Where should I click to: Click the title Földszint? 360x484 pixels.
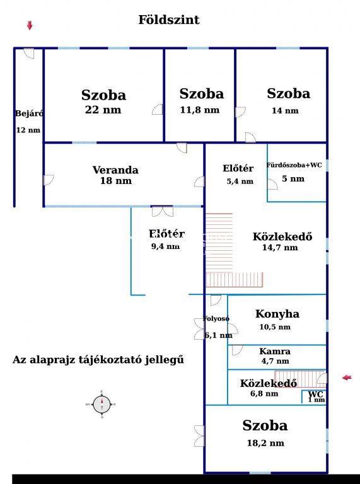tap(168, 20)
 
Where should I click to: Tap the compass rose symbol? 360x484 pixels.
tap(102, 404)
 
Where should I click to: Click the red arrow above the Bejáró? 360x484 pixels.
tap(30, 25)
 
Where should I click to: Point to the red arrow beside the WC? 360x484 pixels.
tap(347, 377)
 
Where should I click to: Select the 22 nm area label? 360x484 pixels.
tap(103, 110)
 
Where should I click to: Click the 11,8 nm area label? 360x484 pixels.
tap(200, 110)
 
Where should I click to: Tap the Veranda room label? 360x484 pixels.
tap(115, 170)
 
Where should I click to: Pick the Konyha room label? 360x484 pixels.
tap(277, 314)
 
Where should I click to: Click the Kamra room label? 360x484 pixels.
tap(275, 351)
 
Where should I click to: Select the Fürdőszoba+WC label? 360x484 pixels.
tap(294, 165)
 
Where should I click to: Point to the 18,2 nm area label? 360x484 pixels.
tap(265, 443)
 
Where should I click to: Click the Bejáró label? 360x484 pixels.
tap(29, 113)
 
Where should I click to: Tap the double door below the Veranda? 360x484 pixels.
tap(163, 212)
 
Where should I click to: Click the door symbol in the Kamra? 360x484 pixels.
tap(237, 350)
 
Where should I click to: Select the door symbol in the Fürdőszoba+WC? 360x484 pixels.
tap(272, 184)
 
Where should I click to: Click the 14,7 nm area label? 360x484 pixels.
tap(280, 247)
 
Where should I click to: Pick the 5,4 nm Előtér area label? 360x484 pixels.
tap(240, 181)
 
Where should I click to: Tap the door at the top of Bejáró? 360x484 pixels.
tap(29, 54)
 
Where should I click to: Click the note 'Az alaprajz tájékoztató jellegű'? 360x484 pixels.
tap(98, 360)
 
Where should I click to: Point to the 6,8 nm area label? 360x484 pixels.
tap(264, 393)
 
